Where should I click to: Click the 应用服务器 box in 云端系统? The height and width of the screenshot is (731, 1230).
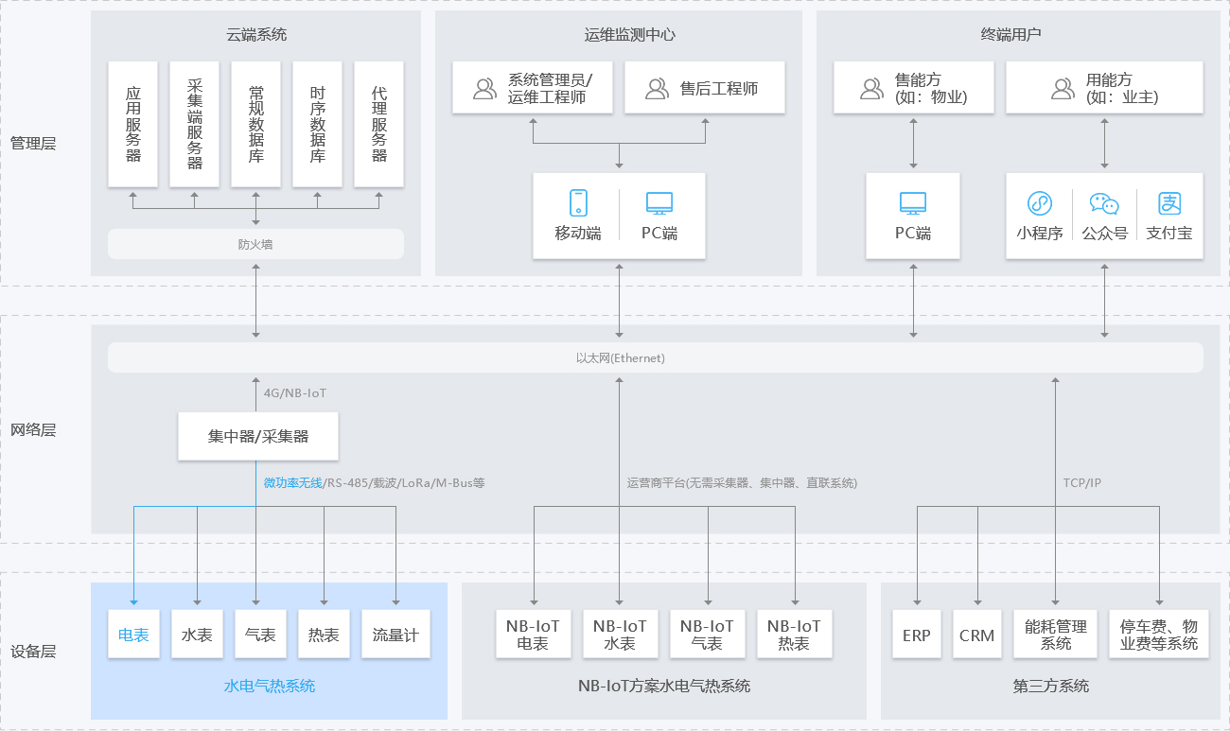pyautogui.click(x=133, y=124)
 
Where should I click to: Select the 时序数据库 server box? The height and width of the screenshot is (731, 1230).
pyautogui.click(x=317, y=124)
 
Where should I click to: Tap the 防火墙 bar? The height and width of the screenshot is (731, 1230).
pyautogui.click(x=255, y=244)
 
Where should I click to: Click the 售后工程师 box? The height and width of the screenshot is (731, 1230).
pyautogui.click(x=705, y=88)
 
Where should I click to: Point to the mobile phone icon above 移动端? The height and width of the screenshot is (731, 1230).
pyautogui.click(x=578, y=202)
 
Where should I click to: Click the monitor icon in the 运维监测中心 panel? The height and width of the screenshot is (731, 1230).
pyautogui.click(x=659, y=202)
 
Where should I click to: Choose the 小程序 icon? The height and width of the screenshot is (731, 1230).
pyautogui.click(x=1040, y=203)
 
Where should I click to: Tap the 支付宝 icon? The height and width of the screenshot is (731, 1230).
pyautogui.click(x=1170, y=203)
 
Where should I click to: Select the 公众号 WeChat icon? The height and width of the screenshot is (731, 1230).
pyautogui.click(x=1104, y=203)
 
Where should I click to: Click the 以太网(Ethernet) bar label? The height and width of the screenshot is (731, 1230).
pyautogui.click(x=620, y=358)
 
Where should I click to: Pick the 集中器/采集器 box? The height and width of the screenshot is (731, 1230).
pyautogui.click(x=258, y=437)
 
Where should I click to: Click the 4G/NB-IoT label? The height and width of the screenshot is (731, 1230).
pyautogui.click(x=294, y=392)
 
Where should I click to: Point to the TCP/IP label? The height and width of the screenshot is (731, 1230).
pyautogui.click(x=1081, y=482)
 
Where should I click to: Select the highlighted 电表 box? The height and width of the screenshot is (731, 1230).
pyautogui.click(x=133, y=635)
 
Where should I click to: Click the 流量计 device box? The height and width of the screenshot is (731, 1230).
pyautogui.click(x=395, y=635)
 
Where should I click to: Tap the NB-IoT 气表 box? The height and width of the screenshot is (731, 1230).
pyautogui.click(x=707, y=635)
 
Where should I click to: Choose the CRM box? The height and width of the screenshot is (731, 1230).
pyautogui.click(x=976, y=635)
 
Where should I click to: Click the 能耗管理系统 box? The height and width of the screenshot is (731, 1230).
pyautogui.click(x=1056, y=635)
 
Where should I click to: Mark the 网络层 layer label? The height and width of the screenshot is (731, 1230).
pyautogui.click(x=33, y=430)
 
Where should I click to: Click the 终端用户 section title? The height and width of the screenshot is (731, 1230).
pyautogui.click(x=1010, y=35)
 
